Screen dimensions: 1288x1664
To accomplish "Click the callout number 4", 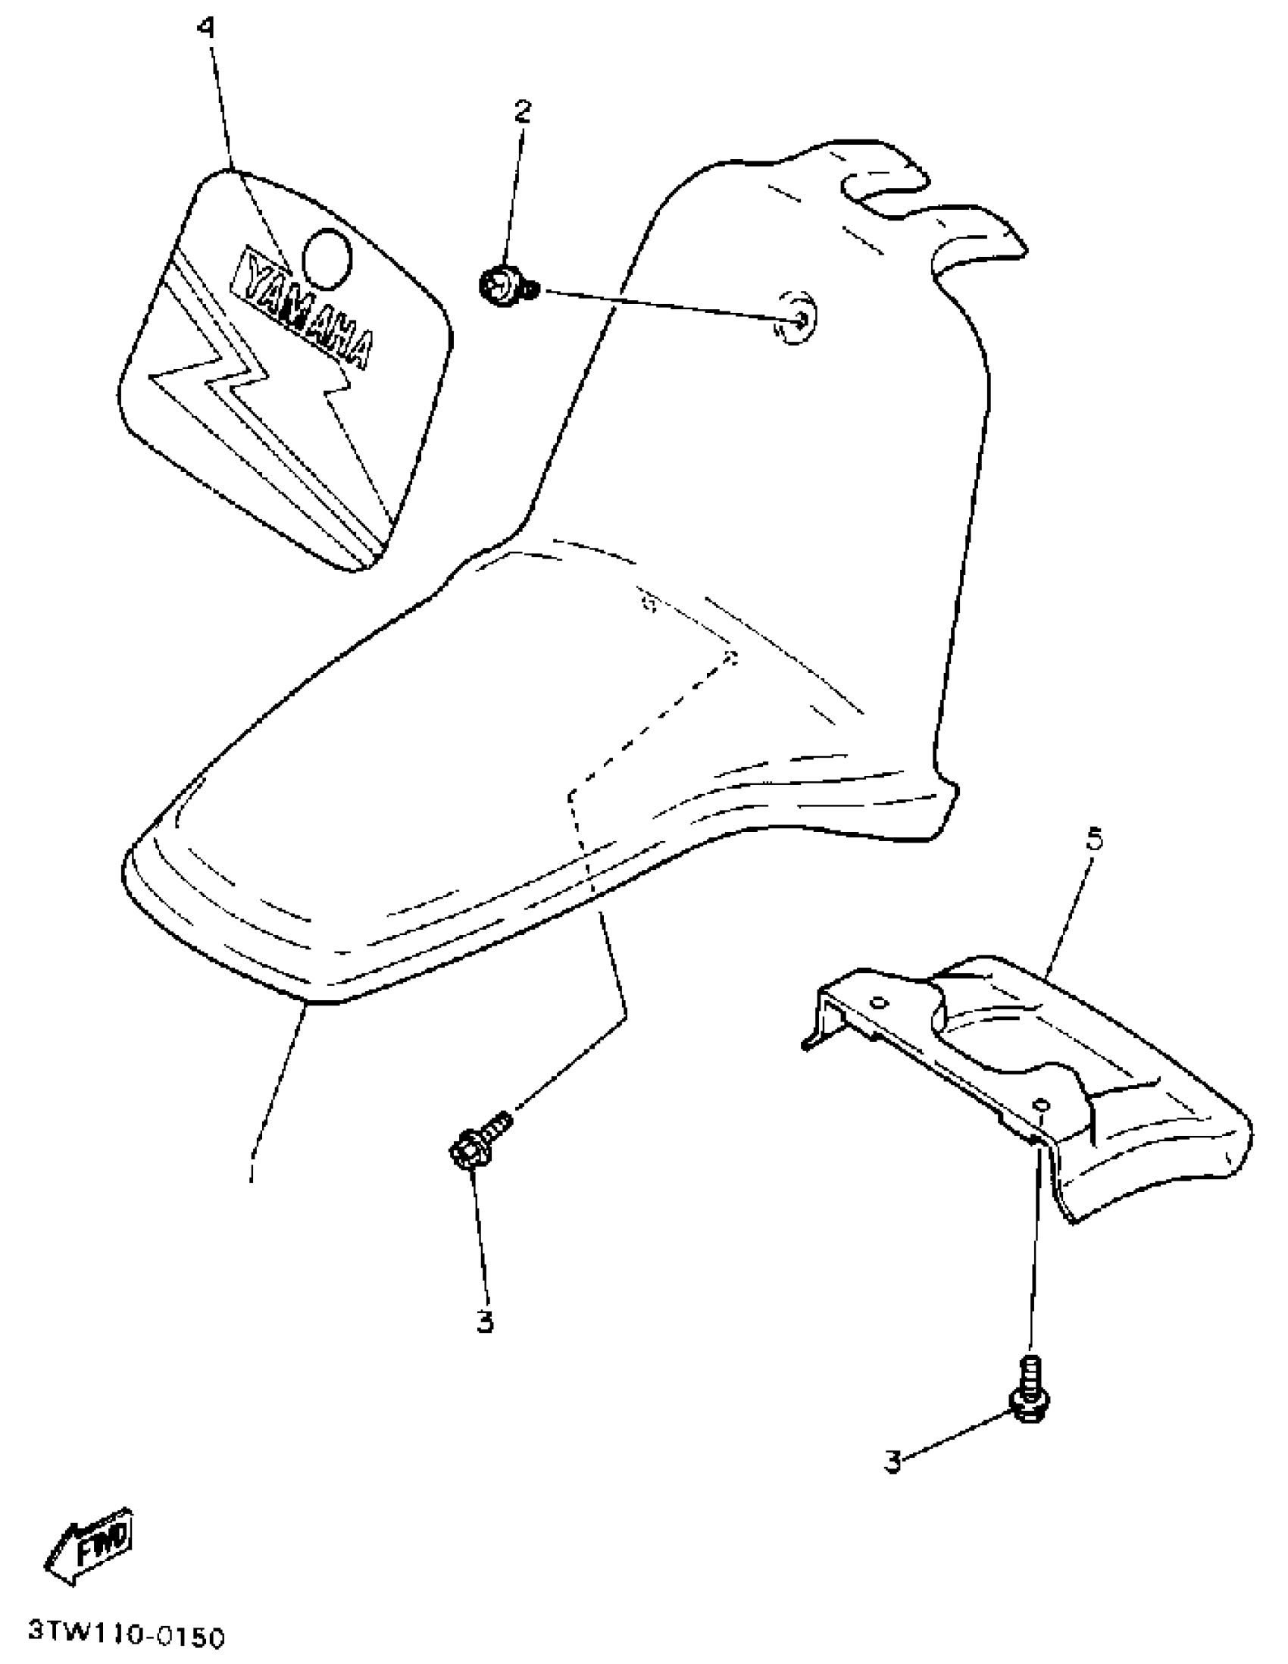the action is tap(205, 29).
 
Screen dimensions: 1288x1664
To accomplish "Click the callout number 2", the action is tap(522, 111).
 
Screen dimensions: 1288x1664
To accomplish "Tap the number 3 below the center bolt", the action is tap(485, 1322).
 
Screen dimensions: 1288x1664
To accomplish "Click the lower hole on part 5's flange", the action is tap(1043, 1106).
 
